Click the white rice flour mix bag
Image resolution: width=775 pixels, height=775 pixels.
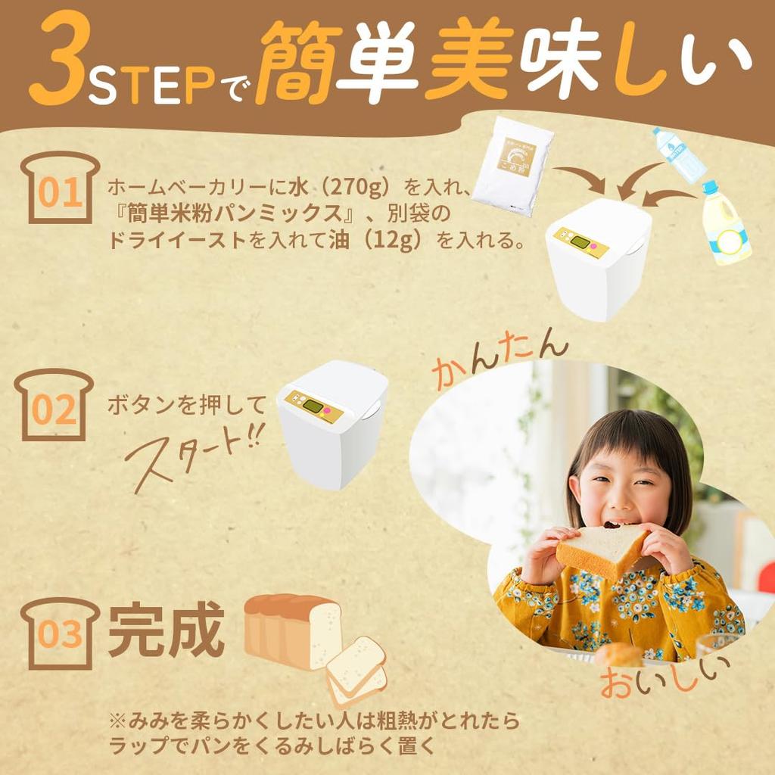(x=514, y=165)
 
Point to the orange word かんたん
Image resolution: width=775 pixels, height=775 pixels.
(x=500, y=359)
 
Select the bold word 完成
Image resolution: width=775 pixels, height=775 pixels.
(x=166, y=630)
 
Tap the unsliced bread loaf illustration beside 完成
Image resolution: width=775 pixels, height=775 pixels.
(x=291, y=629)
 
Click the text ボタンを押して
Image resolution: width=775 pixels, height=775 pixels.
(x=186, y=405)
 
